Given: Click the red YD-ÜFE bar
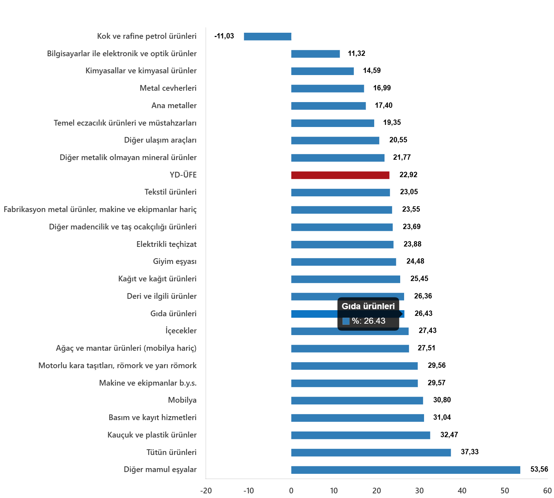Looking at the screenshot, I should (x=340, y=175).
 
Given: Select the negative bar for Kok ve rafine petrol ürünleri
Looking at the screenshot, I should (x=268, y=37).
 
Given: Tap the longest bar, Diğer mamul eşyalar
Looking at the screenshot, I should (x=406, y=470).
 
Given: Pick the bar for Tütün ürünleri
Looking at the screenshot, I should (x=371, y=452).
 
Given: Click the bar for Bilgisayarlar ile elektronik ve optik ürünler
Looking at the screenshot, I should (x=315, y=54).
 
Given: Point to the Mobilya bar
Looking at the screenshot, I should (x=357, y=401).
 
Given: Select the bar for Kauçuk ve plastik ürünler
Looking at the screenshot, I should (x=361, y=435).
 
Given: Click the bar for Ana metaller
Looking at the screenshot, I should (x=328, y=106).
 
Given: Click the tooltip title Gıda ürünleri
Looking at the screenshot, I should (x=368, y=306).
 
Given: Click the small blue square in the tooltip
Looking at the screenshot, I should (x=346, y=321).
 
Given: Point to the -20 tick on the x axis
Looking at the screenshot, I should (x=206, y=491).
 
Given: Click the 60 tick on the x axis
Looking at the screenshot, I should (x=547, y=491).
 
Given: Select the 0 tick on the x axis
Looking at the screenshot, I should (x=291, y=491).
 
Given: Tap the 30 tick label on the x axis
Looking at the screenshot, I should (x=419, y=491).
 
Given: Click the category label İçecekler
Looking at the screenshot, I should (x=181, y=331).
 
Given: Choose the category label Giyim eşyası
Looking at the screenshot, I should (x=174, y=261).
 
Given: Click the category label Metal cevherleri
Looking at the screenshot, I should (x=168, y=88).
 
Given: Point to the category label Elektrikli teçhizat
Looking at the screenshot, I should (x=166, y=244).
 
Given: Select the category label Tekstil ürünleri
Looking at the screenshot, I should (x=170, y=192).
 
